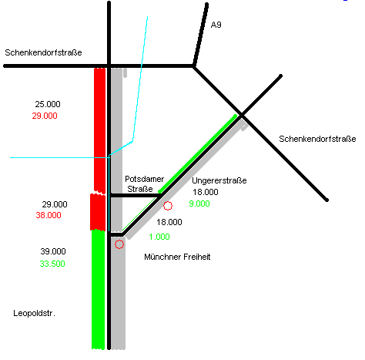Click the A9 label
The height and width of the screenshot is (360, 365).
click(216, 25)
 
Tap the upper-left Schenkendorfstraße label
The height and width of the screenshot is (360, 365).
click(43, 52)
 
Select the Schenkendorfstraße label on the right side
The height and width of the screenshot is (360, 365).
click(317, 139)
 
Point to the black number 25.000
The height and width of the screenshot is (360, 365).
click(48, 104)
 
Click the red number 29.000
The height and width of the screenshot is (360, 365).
click(45, 116)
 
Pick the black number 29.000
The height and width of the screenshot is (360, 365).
click(55, 204)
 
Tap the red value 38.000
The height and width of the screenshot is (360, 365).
click(49, 215)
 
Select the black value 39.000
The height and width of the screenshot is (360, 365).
click(53, 251)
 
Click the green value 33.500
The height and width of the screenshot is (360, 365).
click(52, 264)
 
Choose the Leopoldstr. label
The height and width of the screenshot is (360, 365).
click(35, 313)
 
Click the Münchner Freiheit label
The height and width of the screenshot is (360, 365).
click(177, 257)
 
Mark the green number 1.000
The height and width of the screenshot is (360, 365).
click(159, 237)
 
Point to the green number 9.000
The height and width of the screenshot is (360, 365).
click(199, 204)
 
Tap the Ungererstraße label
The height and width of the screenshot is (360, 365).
click(219, 180)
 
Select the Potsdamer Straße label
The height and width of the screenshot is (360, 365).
click(144, 184)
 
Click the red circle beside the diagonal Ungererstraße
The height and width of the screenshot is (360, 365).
click(168, 201)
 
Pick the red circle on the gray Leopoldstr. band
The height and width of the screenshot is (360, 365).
click(119, 240)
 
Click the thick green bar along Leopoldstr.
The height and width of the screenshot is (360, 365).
click(99, 290)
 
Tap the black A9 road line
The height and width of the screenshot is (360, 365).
click(200, 35)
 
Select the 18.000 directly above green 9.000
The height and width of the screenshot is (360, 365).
click(206, 192)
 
